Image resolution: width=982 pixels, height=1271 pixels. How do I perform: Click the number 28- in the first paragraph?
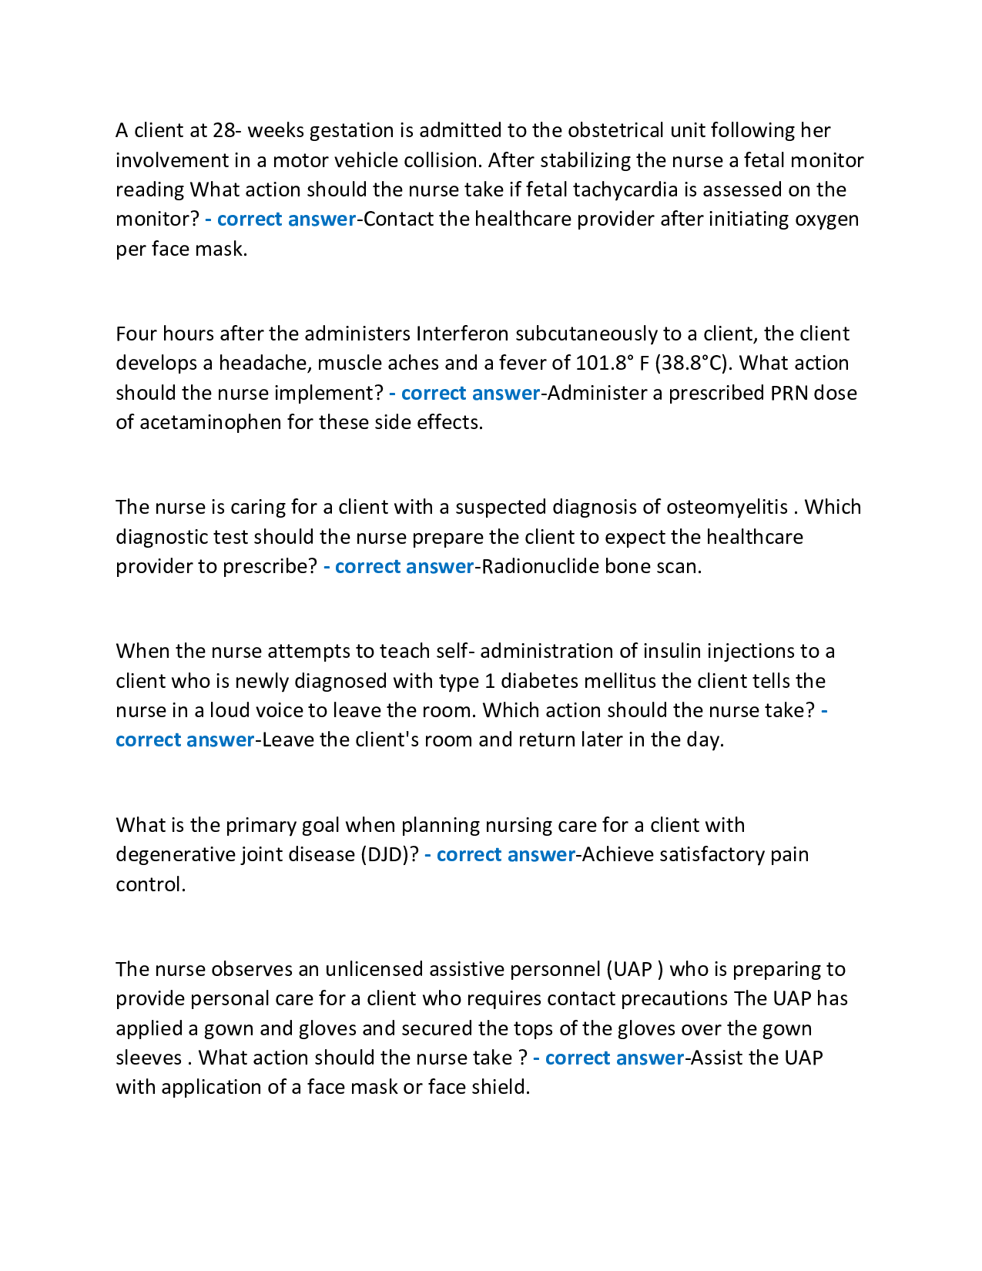(x=227, y=130)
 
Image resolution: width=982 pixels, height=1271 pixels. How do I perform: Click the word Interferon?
(x=462, y=334)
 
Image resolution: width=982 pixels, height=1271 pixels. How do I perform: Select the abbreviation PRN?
(x=789, y=393)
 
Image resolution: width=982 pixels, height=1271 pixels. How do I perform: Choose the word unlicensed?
(x=374, y=969)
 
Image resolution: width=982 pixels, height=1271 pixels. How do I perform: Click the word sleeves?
(x=149, y=1058)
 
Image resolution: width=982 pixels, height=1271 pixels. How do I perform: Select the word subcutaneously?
(x=586, y=334)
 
